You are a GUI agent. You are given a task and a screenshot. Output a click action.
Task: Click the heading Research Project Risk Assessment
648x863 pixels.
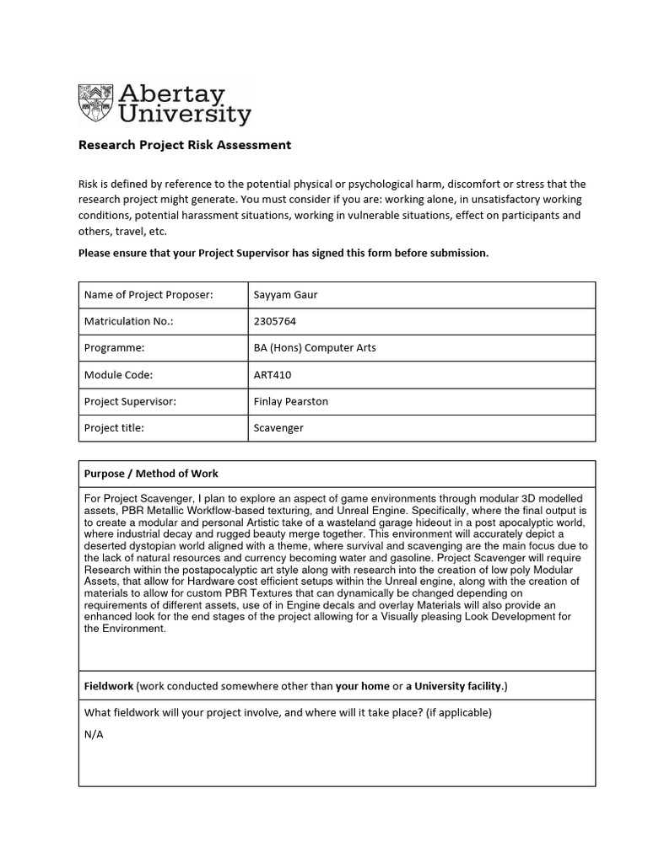[x=184, y=145]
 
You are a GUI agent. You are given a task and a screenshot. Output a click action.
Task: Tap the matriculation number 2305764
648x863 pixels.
[x=275, y=321]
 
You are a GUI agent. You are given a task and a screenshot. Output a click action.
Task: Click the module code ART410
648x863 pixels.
[x=273, y=375]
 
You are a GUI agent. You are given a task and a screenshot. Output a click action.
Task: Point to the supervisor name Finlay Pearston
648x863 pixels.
[x=290, y=401]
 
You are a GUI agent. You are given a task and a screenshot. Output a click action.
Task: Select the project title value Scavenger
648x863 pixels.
[x=278, y=428]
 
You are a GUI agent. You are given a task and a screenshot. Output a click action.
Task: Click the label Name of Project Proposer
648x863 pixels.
[x=148, y=295]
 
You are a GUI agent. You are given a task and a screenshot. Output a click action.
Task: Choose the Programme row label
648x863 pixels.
[x=115, y=348]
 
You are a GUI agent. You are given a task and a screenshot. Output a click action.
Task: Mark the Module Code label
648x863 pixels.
[x=118, y=375]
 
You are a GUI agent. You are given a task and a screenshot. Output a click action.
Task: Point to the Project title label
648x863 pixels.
[x=115, y=428]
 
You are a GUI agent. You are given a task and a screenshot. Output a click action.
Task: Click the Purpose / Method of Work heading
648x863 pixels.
[x=151, y=474]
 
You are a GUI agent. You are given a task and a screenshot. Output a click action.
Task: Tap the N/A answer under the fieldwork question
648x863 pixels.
[x=94, y=734]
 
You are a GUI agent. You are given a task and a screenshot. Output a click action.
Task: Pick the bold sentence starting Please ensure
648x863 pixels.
[x=283, y=253]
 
